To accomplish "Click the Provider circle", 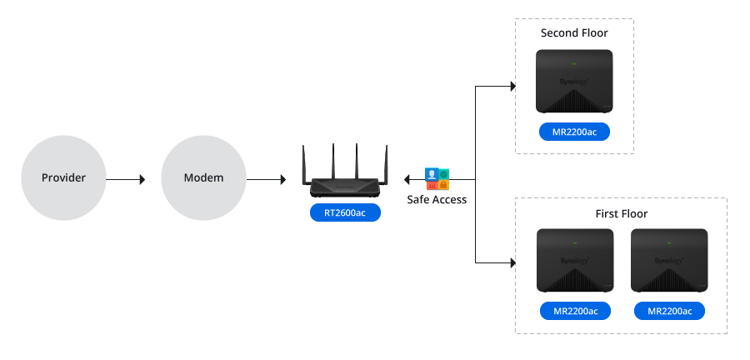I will (x=64, y=178).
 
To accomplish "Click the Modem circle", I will (x=203, y=178).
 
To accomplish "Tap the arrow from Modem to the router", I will (x=265, y=178).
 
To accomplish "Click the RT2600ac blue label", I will (x=345, y=213).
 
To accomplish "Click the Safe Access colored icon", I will (x=437, y=177).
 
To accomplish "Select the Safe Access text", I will (x=437, y=200).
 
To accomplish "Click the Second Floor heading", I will (x=574, y=33).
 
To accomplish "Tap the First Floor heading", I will (x=622, y=214).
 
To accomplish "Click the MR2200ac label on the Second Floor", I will (x=574, y=132).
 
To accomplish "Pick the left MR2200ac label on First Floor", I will (x=574, y=312).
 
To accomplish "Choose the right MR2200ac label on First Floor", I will (x=669, y=312).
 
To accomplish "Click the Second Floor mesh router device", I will (x=574, y=82).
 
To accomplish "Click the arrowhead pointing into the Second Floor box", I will (x=511, y=85).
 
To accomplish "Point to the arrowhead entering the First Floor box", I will (x=511, y=262).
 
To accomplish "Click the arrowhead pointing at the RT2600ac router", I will (x=407, y=178).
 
